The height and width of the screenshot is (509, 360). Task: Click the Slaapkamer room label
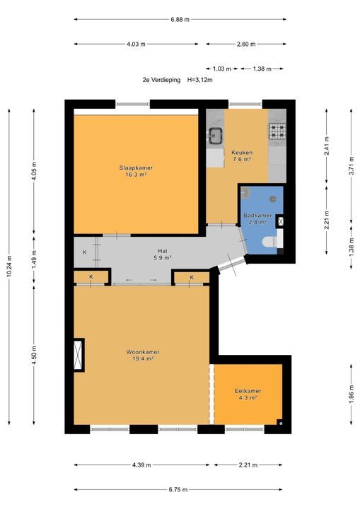pyautogui.click(x=136, y=168)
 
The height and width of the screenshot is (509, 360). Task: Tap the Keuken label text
pyautogui.click(x=242, y=152)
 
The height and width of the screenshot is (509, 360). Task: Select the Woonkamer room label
pyautogui.click(x=143, y=352)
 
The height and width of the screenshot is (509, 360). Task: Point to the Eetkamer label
pyautogui.click(x=248, y=391)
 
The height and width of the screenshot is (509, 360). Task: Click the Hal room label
pyautogui.click(x=163, y=251)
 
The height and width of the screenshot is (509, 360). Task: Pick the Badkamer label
pyautogui.click(x=257, y=215)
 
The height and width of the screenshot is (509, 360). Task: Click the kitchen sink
pyautogui.click(x=215, y=135)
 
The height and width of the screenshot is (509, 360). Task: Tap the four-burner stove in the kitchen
pyautogui.click(x=277, y=131)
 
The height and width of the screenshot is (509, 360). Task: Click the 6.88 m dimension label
pyautogui.click(x=180, y=20)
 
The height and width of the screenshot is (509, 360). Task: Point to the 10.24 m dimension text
pyautogui.click(x=9, y=266)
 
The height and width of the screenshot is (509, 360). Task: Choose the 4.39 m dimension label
pyautogui.click(x=141, y=465)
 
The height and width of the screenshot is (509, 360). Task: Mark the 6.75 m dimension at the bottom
pyautogui.click(x=178, y=489)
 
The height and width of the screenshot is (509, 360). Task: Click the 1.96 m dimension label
pyautogui.click(x=352, y=394)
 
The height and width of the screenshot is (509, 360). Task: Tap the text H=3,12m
pyautogui.click(x=200, y=80)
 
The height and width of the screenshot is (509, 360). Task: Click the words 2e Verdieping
pyautogui.click(x=161, y=80)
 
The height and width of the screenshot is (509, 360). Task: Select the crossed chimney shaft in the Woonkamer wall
pyautogui.click(x=79, y=355)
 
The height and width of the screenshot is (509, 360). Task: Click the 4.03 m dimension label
pyautogui.click(x=136, y=44)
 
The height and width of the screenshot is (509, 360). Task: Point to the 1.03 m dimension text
pyautogui.click(x=222, y=69)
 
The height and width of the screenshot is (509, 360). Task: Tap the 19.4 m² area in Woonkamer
pyautogui.click(x=143, y=358)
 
